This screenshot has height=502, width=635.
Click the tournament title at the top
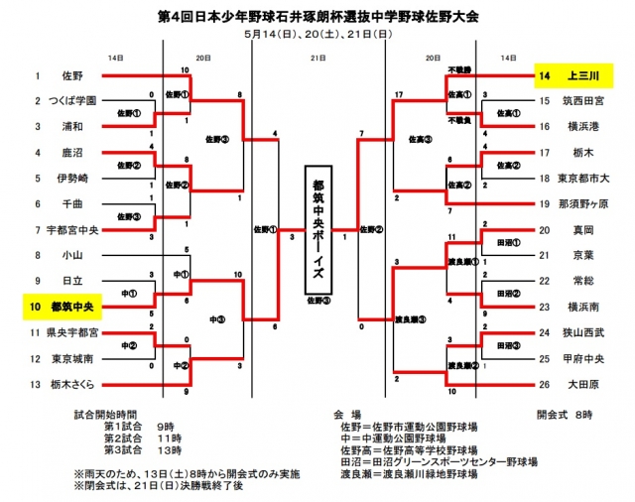317,17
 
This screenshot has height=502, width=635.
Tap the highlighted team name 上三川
579,75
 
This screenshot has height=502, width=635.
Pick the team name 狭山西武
581,332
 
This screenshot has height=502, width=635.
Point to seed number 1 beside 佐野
36,75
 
